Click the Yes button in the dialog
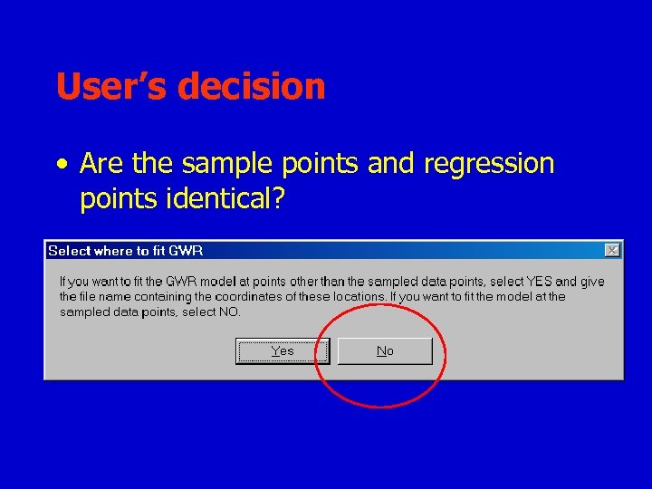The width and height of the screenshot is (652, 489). [283, 351]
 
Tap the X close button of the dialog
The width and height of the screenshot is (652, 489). [612, 250]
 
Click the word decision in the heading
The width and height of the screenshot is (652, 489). [252, 87]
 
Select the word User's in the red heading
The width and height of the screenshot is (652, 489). [112, 87]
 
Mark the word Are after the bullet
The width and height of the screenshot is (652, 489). [102, 164]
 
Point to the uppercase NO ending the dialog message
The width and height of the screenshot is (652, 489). [230, 312]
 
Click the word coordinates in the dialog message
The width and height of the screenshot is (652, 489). [240, 297]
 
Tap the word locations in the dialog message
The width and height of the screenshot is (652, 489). [358, 297]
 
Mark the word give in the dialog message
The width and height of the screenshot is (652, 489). [593, 282]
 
